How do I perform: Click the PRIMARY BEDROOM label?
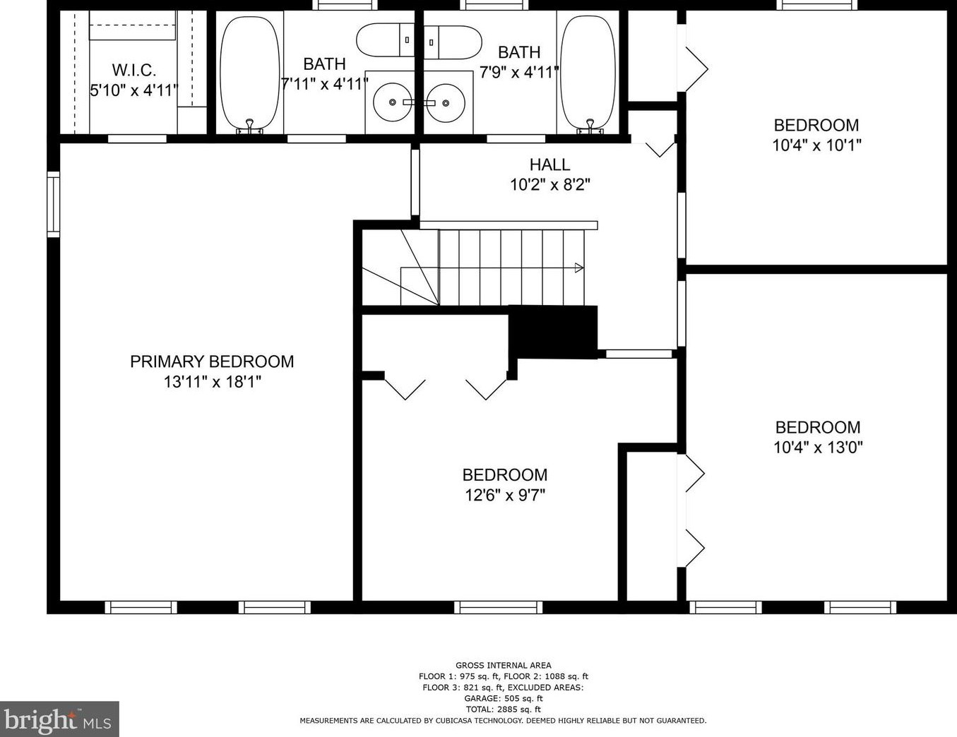[212, 361]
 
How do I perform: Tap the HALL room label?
[549, 164]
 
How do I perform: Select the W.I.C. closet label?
[134, 70]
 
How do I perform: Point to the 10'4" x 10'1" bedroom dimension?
[816, 145]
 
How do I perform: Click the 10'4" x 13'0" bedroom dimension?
[818, 448]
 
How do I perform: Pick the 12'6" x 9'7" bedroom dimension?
[505, 496]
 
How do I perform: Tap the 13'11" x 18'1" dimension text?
[213, 381]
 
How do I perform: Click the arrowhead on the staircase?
[580, 268]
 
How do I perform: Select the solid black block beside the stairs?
[553, 332]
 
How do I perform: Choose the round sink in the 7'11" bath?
[392, 102]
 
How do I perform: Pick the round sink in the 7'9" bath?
[445, 102]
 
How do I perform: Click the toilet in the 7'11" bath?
[386, 40]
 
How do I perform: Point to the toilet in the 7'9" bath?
[452, 42]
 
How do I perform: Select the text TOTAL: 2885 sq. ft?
[504, 709]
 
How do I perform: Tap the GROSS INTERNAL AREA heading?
[504, 665]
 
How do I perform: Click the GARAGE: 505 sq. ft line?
[504, 698]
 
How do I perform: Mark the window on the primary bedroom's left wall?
[53, 205]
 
